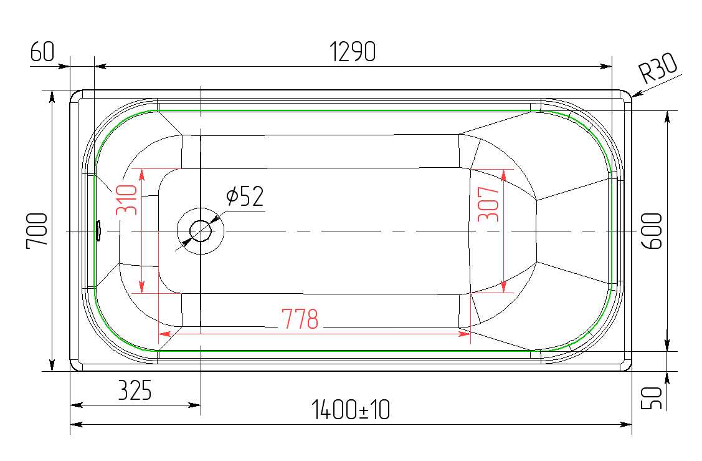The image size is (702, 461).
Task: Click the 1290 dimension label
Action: tap(353, 52)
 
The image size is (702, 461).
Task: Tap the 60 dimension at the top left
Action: tap(42, 51)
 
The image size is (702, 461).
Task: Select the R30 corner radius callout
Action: tap(657, 68)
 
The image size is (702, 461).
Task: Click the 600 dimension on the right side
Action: tap(652, 231)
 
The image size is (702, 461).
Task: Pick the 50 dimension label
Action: tap(652, 398)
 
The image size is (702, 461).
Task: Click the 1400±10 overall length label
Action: tap(351, 410)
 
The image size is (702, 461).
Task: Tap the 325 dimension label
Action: tap(135, 390)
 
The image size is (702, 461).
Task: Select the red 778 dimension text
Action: tap(300, 319)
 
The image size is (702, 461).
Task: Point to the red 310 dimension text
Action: tap(126, 200)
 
